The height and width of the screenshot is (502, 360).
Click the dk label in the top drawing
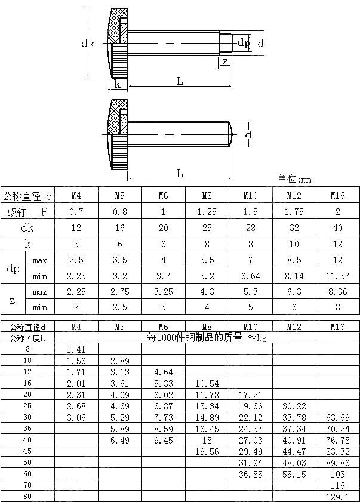point(88,43)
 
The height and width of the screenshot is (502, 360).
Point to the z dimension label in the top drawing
point(224,62)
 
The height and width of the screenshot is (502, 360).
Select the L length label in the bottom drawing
point(180,174)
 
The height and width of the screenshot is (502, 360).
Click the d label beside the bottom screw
point(249,135)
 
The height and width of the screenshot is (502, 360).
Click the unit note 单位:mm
point(294,179)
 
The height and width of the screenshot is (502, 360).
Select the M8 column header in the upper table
point(207,195)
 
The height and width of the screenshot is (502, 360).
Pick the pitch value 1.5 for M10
point(250,211)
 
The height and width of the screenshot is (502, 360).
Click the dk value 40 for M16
point(338,227)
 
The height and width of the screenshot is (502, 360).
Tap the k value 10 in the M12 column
point(294,244)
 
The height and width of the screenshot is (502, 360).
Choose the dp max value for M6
point(164,260)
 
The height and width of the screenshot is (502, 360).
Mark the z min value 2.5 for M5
point(120,307)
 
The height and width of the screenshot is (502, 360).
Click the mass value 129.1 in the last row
point(338,497)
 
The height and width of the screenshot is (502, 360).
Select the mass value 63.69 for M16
point(338,417)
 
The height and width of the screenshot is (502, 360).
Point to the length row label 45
point(27,451)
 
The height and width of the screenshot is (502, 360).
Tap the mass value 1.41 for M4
point(76,349)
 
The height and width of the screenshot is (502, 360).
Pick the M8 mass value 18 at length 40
point(207,440)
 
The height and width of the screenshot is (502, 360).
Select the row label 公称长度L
point(27,338)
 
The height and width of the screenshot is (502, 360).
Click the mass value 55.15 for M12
point(294,474)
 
